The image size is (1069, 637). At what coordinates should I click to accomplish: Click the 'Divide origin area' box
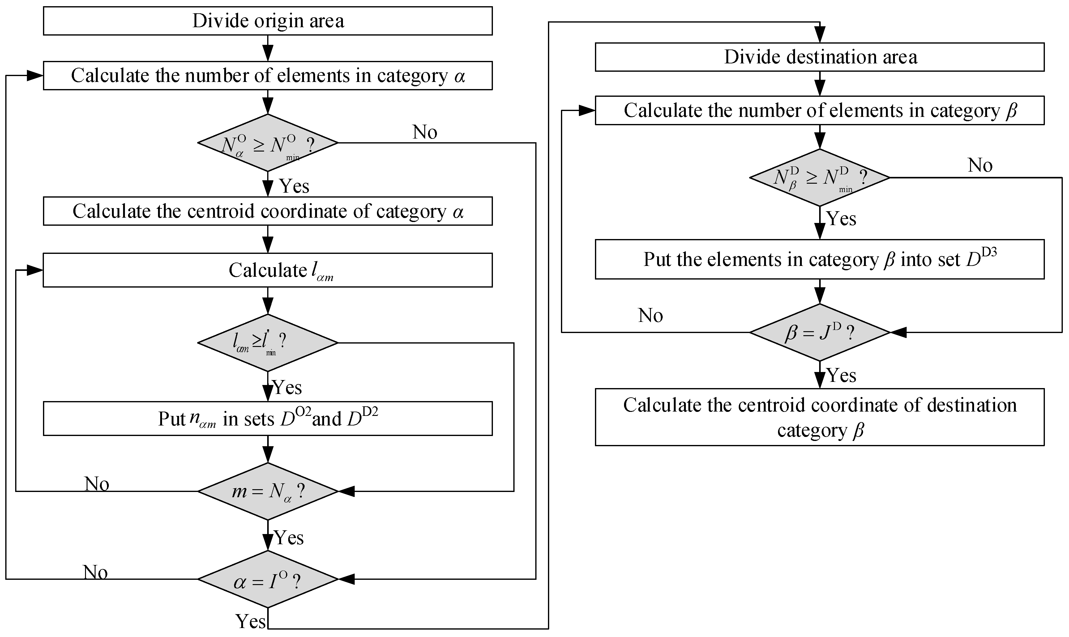click(268, 21)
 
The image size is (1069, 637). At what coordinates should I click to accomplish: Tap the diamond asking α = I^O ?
click(268, 579)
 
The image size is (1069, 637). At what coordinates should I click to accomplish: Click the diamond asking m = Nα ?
click(268, 491)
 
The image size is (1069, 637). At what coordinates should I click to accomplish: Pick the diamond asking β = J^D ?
click(820, 332)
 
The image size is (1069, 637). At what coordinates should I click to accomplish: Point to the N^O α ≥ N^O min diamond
click(268, 143)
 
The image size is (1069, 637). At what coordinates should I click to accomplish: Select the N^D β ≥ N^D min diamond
click(820, 177)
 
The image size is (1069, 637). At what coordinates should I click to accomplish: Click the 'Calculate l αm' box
click(268, 270)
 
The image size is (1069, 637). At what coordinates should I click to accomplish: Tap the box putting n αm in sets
click(268, 418)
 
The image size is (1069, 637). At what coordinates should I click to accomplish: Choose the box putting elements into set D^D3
click(820, 259)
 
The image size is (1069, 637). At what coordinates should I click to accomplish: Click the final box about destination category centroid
click(820, 417)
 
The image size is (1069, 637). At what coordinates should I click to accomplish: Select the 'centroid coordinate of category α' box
click(268, 211)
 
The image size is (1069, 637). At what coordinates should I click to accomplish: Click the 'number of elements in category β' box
click(820, 110)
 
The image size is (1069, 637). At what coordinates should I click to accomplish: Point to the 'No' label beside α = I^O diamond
click(95, 572)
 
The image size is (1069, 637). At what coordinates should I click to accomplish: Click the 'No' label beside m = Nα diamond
click(97, 484)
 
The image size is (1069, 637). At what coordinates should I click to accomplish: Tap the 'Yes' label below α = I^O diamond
click(250, 621)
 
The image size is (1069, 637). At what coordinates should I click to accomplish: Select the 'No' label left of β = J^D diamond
click(651, 315)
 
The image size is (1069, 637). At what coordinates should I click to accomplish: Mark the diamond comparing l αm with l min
click(268, 343)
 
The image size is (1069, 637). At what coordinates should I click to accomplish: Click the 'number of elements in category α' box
click(268, 75)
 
